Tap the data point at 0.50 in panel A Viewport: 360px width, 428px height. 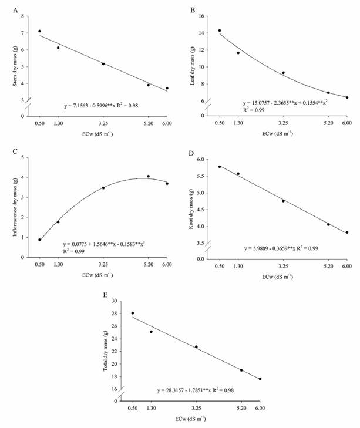pyautogui.click(x=39, y=31)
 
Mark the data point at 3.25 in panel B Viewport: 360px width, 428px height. pyautogui.click(x=283, y=73)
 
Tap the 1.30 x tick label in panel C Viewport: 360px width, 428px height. pyautogui.click(x=58, y=265)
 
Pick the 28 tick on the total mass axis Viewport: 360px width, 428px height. pyautogui.click(x=116, y=314)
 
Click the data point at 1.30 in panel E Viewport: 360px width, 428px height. pyautogui.click(x=151, y=332)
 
